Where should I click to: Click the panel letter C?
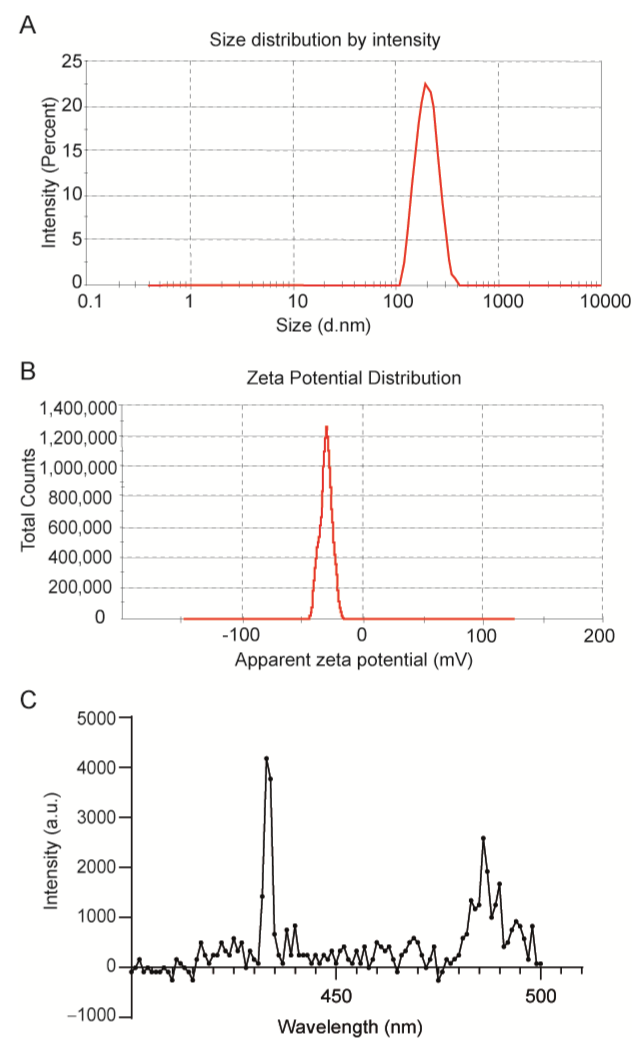[28, 700]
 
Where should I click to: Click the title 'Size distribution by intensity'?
[324, 40]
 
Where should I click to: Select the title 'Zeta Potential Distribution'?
[353, 378]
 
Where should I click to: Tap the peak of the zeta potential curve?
[326, 427]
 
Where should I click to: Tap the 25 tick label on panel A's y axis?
[71, 62]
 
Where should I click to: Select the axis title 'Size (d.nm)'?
[323, 325]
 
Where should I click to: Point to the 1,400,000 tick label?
[78, 408]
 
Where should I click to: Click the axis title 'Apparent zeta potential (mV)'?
[353, 660]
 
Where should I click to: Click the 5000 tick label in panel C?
[96, 718]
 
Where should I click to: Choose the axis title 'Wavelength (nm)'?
[350, 1027]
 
